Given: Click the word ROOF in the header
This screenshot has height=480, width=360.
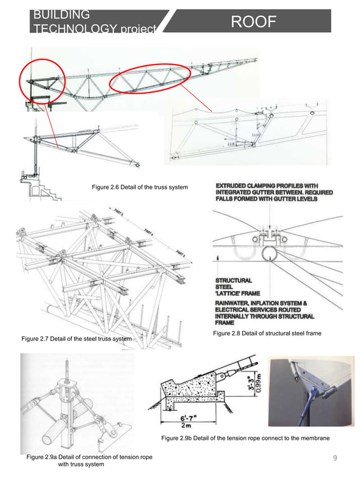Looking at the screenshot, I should (253, 21).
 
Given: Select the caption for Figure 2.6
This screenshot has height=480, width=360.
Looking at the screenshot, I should (140, 187).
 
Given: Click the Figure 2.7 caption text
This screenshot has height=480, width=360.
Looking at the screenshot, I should (76, 339).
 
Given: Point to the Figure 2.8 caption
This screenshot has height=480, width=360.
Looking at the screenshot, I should (267, 333).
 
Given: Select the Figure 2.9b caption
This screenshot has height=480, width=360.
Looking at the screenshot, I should (245, 438).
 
